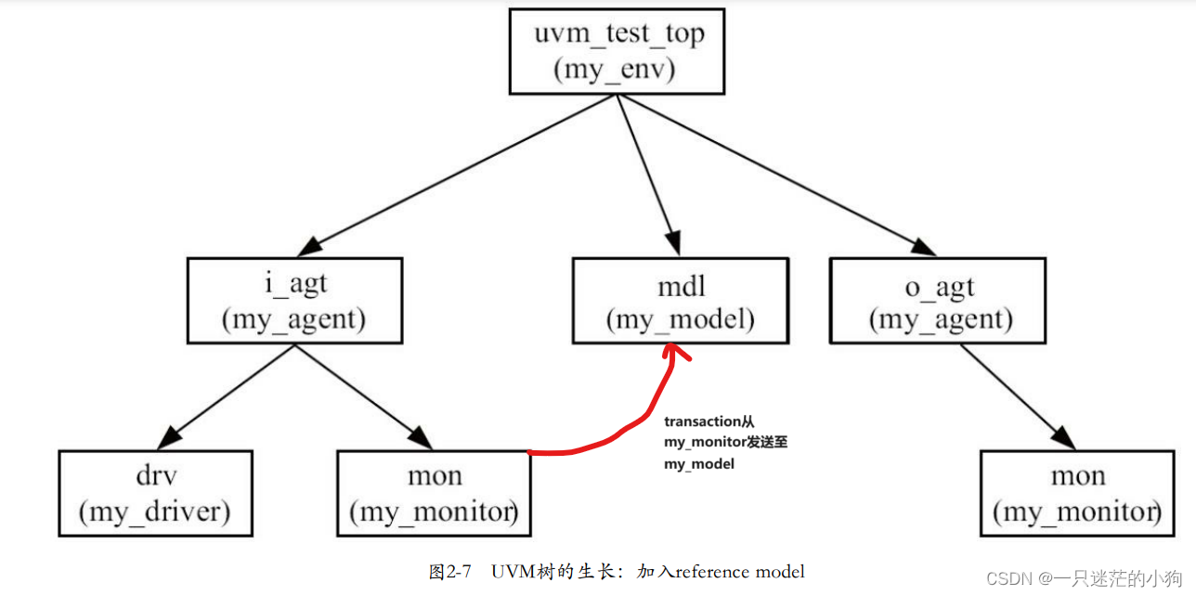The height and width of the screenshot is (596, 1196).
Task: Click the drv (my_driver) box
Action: (x=155, y=493)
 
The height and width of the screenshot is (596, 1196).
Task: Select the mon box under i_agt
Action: (x=435, y=493)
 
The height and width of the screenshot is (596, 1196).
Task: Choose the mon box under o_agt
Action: (x=1077, y=493)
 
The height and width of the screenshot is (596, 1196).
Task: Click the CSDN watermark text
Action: (x=1007, y=578)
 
